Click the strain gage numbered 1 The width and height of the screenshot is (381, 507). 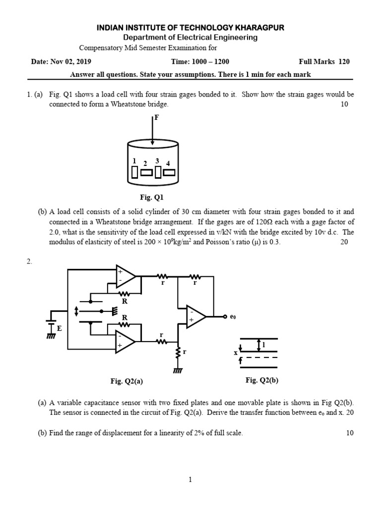[x=134, y=172]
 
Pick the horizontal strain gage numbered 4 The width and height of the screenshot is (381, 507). [x=170, y=172]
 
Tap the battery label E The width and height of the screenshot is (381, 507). [x=60, y=328]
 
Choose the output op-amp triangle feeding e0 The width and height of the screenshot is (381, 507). [x=196, y=316]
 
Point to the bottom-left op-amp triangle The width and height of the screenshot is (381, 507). [x=125, y=342]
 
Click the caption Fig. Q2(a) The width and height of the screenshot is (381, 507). [x=127, y=381]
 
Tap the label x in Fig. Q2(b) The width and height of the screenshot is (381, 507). [x=236, y=353]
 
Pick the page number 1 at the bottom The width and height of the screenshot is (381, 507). [x=190, y=479]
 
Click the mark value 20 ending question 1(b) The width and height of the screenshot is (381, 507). [x=344, y=243]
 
